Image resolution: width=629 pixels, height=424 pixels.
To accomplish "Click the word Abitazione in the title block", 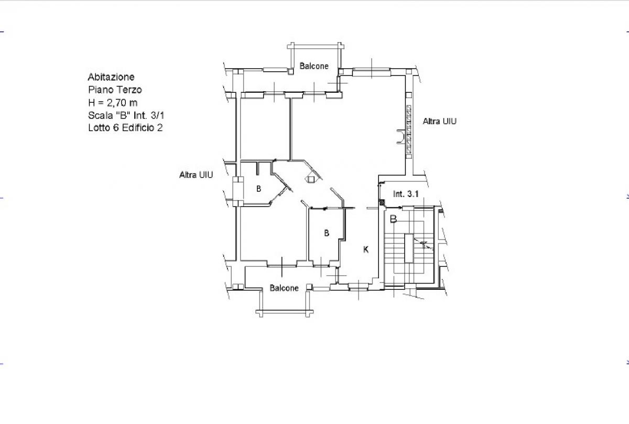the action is (111, 77).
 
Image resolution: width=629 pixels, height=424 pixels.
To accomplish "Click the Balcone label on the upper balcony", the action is (314, 66).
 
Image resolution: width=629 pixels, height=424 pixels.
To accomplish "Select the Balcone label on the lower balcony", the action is (284, 288).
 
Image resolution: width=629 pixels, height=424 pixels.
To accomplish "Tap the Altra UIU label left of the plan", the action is (196, 175).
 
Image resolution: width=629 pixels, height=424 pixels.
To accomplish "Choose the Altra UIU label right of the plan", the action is (440, 121).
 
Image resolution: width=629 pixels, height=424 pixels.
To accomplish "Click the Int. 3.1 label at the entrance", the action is (406, 194).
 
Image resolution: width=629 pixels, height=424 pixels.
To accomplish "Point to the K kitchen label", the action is (366, 249).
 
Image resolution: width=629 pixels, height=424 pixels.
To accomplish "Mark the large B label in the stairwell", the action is (394, 219).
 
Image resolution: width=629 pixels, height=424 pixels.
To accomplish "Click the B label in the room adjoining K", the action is (326, 233).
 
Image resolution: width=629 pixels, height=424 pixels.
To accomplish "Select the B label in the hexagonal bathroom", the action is (258, 189).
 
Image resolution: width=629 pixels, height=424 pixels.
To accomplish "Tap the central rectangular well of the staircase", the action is (409, 248).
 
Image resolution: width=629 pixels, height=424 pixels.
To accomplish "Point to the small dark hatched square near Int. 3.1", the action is (382, 202).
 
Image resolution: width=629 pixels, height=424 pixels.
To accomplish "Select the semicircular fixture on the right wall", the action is (402, 137).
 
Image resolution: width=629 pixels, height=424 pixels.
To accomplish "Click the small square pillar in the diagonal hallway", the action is (310, 179).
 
